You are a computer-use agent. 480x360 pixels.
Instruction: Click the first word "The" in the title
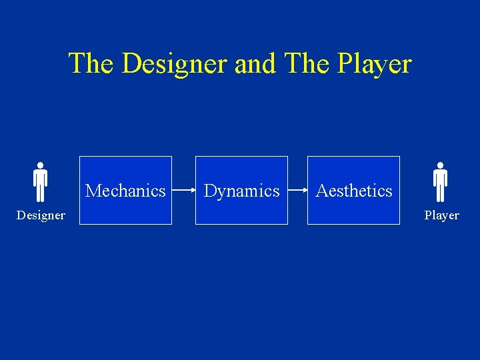(92, 64)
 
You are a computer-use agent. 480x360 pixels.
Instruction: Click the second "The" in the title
(306, 64)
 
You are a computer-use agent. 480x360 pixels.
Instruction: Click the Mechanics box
(125, 191)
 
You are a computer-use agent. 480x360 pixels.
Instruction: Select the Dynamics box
(241, 191)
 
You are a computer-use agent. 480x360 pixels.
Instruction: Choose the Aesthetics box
(353, 191)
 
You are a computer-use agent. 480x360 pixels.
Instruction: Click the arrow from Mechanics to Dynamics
(183, 191)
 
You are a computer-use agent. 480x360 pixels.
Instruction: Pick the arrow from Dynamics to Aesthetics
(297, 191)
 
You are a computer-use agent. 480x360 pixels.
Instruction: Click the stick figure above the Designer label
(40, 181)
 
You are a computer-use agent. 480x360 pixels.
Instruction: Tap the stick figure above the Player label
(440, 181)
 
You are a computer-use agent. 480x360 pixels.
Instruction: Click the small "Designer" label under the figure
(41, 215)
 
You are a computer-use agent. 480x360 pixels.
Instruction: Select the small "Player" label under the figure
(441, 215)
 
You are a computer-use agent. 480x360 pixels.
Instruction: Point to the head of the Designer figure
(40, 165)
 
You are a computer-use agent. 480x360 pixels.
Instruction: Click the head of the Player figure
(440, 165)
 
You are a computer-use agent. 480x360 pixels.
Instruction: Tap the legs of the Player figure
(440, 193)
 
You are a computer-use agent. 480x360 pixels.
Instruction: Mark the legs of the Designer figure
(40, 193)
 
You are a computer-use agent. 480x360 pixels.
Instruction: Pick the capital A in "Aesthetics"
(322, 191)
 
